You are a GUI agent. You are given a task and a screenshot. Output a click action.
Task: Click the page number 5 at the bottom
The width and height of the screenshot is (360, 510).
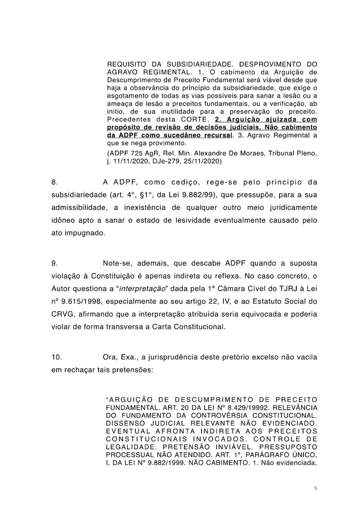pyautogui.click(x=315, y=489)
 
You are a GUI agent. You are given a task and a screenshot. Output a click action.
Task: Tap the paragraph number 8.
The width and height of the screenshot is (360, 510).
pyautogui.click(x=54, y=182)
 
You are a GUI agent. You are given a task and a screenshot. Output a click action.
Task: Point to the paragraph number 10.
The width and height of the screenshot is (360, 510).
pyautogui.click(x=57, y=357)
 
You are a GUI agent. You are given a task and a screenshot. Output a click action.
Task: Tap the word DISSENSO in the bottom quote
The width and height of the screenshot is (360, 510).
pyautogui.click(x=123, y=424)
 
